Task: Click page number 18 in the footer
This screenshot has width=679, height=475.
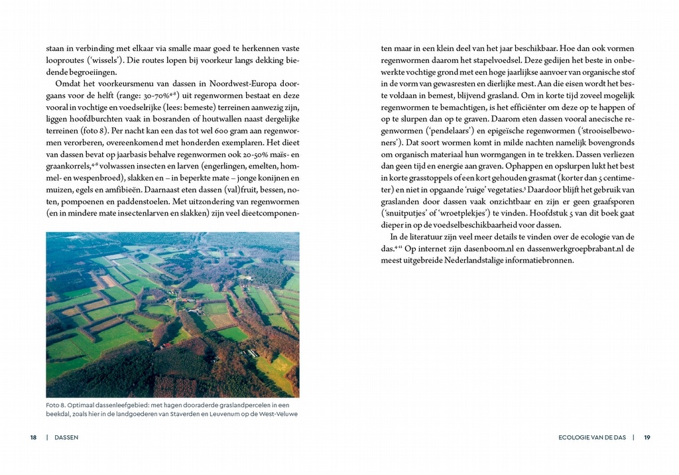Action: click(x=33, y=437)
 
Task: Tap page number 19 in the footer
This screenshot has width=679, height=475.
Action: click(x=647, y=437)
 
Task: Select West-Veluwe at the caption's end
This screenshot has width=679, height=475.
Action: click(x=277, y=414)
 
